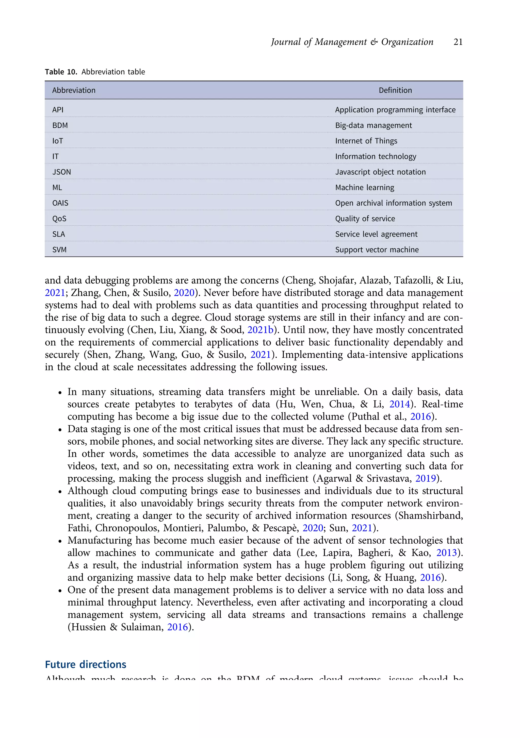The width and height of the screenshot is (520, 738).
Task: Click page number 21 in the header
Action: point(458,42)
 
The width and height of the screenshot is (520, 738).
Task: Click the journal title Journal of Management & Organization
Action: point(352,42)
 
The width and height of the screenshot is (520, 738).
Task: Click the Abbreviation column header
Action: point(74,90)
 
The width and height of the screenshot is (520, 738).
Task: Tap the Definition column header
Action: point(395,90)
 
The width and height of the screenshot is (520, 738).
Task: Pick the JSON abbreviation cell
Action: point(61,172)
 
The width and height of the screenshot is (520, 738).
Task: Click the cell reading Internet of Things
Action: point(366,141)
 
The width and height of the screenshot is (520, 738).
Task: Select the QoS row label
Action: point(59,219)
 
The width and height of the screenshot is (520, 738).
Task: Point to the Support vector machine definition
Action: point(377,250)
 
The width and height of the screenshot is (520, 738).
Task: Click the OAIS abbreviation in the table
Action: point(60,203)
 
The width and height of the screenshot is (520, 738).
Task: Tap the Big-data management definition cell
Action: point(373,125)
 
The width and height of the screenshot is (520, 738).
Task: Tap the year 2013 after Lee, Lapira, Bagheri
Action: point(446,552)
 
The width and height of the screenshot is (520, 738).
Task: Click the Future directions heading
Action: point(86,664)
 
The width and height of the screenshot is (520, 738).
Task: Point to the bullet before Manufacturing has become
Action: point(60,541)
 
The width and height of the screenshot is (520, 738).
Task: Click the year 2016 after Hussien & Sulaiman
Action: point(177,627)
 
